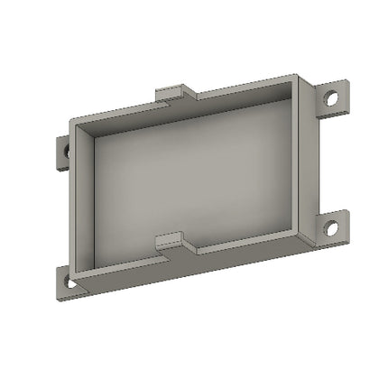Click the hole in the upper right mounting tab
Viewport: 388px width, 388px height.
333,96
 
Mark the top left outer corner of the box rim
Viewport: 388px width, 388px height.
69,120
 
